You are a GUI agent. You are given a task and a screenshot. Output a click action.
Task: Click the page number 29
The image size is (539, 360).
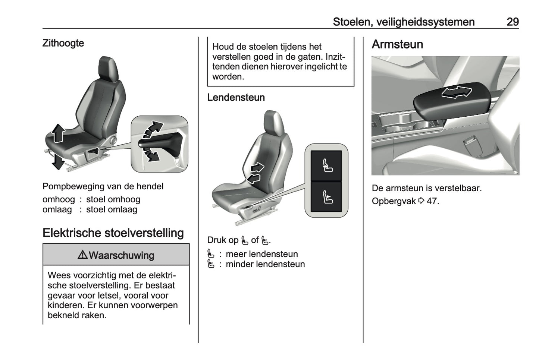512,22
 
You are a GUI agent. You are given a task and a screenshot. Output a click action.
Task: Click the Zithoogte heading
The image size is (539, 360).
63,43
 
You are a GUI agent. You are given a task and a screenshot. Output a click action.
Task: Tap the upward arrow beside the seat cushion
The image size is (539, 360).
58,133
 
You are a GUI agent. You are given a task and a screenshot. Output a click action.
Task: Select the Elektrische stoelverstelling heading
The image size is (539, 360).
113,233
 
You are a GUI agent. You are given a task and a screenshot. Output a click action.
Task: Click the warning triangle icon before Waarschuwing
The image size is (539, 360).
82,255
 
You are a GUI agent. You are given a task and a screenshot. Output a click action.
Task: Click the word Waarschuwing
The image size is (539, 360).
121,255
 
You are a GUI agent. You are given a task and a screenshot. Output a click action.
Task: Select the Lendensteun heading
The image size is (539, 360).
236,98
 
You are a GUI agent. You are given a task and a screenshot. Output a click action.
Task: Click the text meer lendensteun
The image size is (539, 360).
261,254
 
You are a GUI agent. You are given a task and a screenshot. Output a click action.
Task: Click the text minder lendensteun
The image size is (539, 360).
265,264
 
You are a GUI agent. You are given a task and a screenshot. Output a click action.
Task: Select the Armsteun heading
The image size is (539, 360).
397,44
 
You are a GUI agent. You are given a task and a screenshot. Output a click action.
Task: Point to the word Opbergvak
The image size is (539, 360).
394,201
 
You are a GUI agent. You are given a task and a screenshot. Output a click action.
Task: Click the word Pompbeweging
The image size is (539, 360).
70,186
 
